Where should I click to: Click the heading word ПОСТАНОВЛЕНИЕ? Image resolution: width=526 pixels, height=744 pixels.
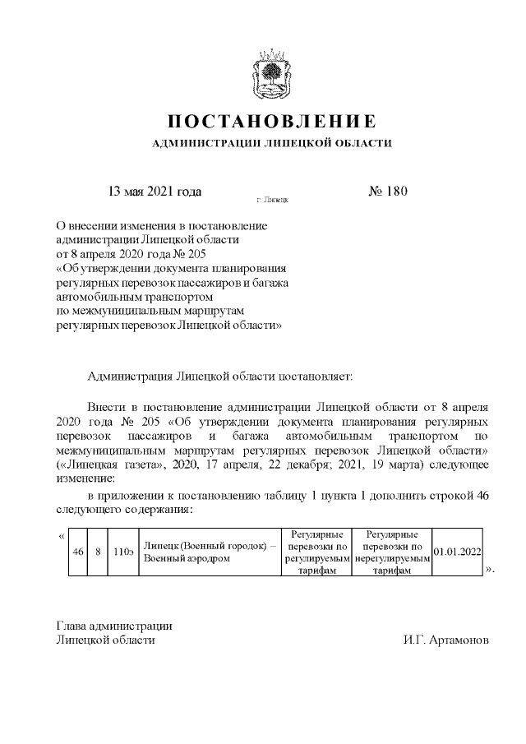[x=272, y=122]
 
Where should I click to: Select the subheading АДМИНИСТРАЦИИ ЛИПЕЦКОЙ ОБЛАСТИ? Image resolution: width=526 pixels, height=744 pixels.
[x=272, y=144]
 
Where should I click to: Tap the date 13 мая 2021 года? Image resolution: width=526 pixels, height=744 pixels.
[x=155, y=192]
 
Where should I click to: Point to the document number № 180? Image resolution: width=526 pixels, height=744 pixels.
[x=387, y=192]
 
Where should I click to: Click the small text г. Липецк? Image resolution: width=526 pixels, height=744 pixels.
[x=272, y=200]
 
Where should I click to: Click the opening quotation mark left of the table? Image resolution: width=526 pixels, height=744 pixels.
[x=63, y=537]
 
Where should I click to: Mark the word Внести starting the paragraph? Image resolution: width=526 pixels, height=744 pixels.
[x=104, y=406]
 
